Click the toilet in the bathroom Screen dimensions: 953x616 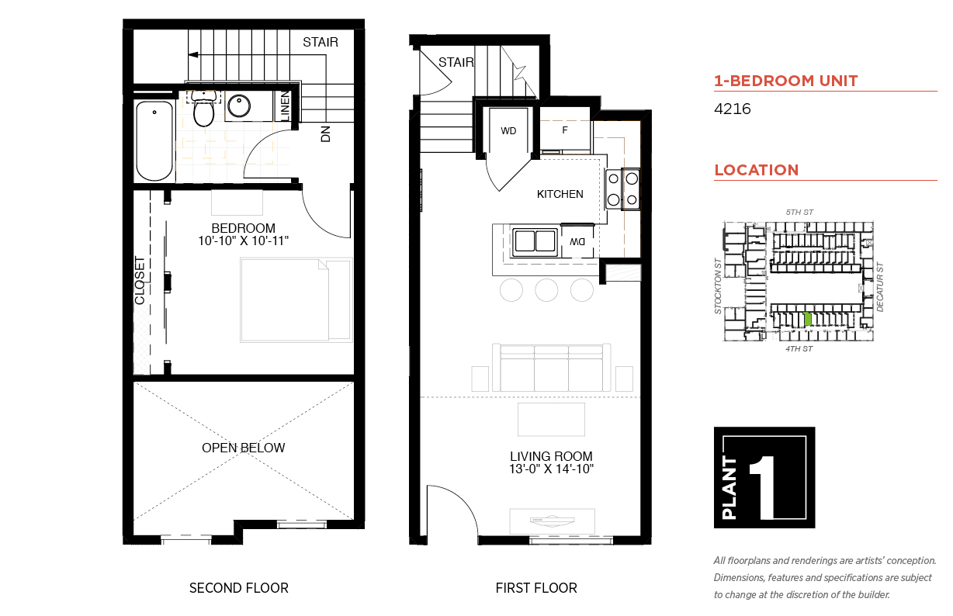point(204,108)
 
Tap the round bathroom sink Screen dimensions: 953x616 point(239,106)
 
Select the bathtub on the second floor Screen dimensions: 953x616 point(154,141)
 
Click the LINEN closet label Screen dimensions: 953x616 point(286,106)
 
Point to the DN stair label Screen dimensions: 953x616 point(325,134)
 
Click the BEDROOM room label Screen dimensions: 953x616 point(244,228)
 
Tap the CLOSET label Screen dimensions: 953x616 point(140,280)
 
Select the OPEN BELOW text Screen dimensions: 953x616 point(244,448)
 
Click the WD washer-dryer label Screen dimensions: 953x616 point(508,131)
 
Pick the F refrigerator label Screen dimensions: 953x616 point(564,130)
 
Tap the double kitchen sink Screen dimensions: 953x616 point(535,242)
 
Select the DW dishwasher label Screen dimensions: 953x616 point(577,242)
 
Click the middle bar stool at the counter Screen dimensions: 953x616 point(546,290)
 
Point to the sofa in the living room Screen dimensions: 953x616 point(551,368)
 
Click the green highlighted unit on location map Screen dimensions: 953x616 point(807,319)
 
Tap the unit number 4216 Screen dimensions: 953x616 point(732,109)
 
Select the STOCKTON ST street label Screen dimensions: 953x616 point(718,286)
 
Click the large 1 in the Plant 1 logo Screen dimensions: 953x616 point(765,487)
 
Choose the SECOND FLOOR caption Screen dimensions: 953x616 point(239,588)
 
